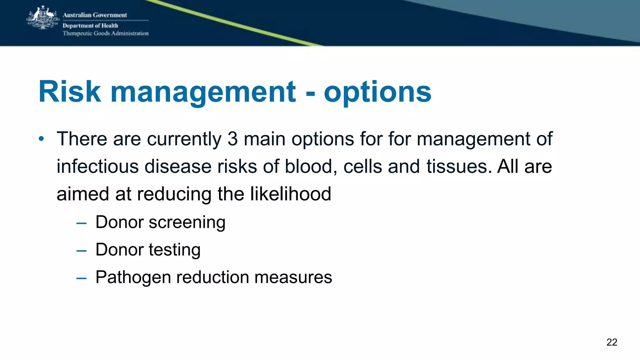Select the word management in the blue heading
pyautogui.click(x=203, y=92)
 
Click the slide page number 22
pyautogui.click(x=612, y=342)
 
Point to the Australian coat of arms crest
pyautogui.click(x=43, y=18)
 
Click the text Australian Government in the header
pyautogui.click(x=95, y=15)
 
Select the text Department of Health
pyautogui.click(x=90, y=26)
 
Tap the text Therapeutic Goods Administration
pyautogui.click(x=106, y=33)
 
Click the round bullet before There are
pyautogui.click(x=41, y=138)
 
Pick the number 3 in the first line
pyautogui.click(x=232, y=139)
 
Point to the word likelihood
pyautogui.click(x=291, y=194)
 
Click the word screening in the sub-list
pyautogui.click(x=187, y=222)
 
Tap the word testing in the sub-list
pyautogui.click(x=174, y=250)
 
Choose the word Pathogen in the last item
pyautogui.click(x=133, y=277)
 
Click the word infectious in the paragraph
pyautogui.click(x=97, y=166)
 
